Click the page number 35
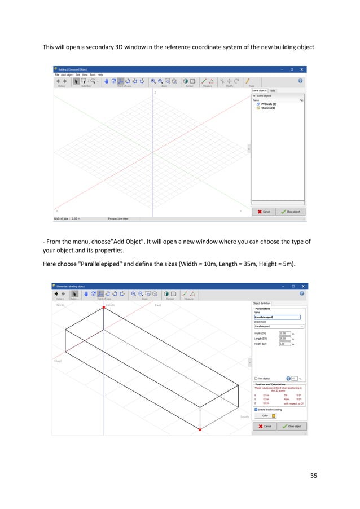[314, 475]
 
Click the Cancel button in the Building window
[264, 212]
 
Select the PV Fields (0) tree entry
[269, 104]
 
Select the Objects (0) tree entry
[268, 108]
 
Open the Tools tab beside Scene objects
[273, 90]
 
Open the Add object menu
[67, 74]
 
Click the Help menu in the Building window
[100, 74]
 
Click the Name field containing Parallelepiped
[277, 317]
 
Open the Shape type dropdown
[279, 326]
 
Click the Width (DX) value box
[284, 334]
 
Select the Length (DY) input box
[284, 339]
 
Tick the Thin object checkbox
[256, 378]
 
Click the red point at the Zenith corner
[103, 308]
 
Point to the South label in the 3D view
[244, 416]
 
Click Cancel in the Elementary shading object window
[265, 426]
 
